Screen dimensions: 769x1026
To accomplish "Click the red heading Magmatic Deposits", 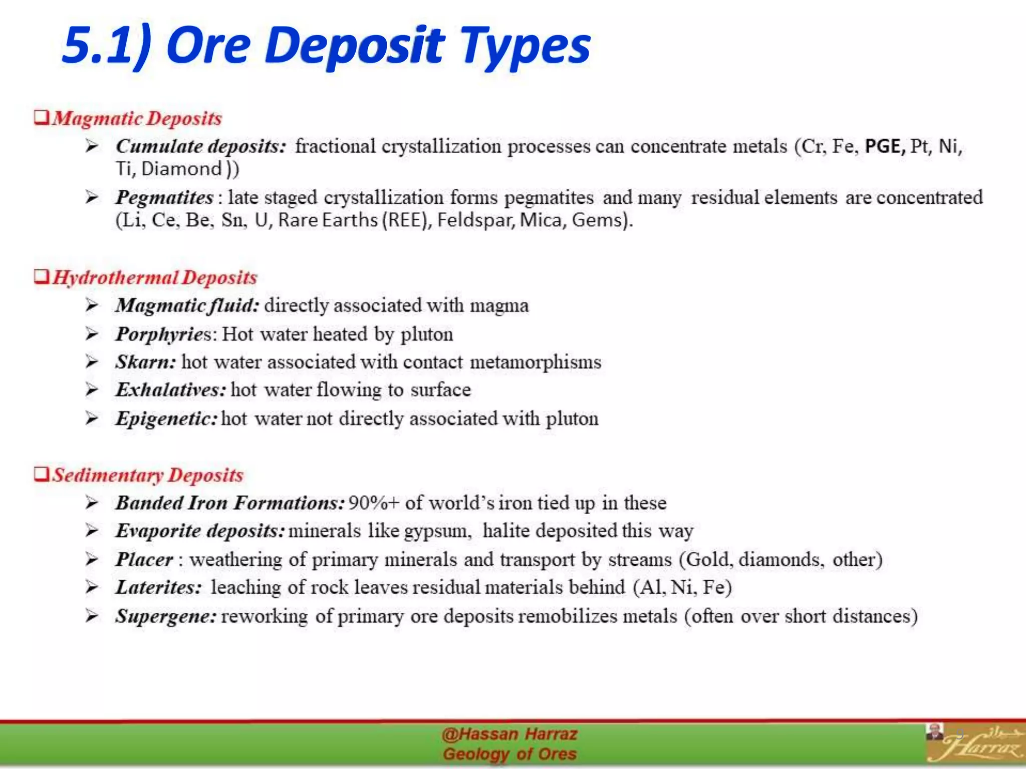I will click(x=137, y=119).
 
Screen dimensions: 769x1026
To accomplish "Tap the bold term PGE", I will click(x=885, y=146).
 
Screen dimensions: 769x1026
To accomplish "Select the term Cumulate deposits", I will click(x=201, y=146).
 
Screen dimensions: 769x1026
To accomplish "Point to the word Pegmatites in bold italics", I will click(x=164, y=197).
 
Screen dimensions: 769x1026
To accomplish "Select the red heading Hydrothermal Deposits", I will click(x=154, y=278).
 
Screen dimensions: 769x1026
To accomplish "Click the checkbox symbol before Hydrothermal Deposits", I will click(x=42, y=276).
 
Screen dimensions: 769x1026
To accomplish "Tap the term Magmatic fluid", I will click(x=187, y=305).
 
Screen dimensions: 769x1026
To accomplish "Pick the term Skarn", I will click(x=145, y=362).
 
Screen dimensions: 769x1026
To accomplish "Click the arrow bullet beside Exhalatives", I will click(x=92, y=390).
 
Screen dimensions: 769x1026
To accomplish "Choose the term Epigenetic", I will click(x=166, y=419).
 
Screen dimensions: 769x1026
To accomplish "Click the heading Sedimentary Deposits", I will click(x=148, y=475).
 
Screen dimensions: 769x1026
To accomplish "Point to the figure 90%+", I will click(x=373, y=503).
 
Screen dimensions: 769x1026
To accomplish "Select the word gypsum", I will click(x=437, y=531).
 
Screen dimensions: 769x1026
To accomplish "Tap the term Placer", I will click(x=144, y=559).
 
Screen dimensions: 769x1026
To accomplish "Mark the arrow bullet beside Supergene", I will click(x=92, y=616).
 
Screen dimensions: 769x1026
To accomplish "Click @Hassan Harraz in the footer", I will click(x=509, y=734).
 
